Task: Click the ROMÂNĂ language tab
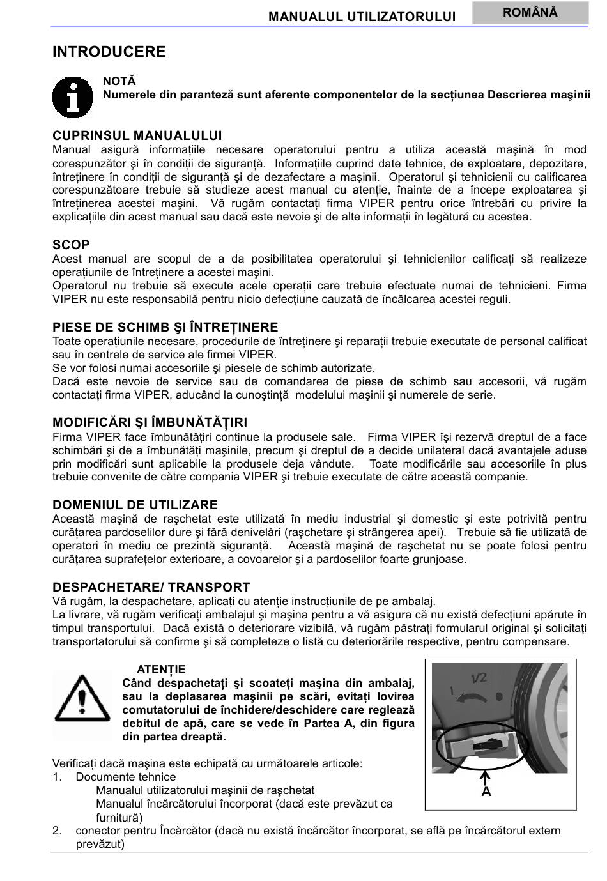tap(530, 13)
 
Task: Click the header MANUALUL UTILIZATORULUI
tap(362, 17)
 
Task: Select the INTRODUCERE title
tap(109, 52)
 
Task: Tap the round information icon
tap(73, 98)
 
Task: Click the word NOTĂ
tap(119, 81)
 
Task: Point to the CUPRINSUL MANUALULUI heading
tap(137, 135)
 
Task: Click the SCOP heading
tap(71, 245)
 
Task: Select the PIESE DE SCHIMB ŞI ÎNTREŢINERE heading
tap(165, 327)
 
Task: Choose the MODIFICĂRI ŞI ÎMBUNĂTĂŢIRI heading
tap(150, 422)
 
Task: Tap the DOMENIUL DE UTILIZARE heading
tap(135, 505)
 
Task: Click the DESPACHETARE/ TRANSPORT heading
tap(151, 587)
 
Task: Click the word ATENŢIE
tap(161, 670)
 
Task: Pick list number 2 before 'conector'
tap(57, 831)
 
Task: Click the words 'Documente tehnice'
tap(125, 777)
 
